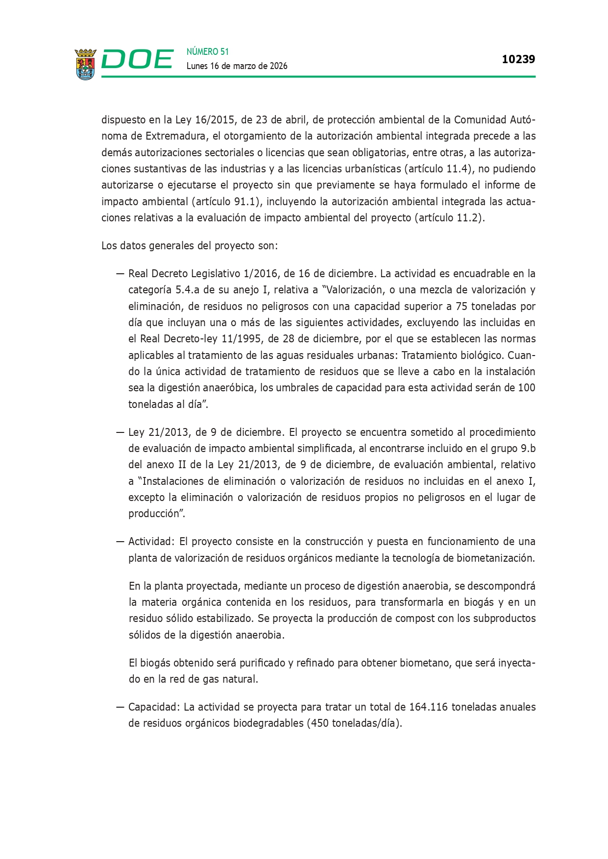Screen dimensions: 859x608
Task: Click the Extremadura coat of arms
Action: [85, 64]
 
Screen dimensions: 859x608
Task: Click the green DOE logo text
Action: [137, 60]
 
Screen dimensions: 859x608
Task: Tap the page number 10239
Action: [518, 59]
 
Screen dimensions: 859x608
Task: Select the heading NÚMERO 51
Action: [208, 51]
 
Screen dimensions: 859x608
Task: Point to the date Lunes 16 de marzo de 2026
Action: [237, 66]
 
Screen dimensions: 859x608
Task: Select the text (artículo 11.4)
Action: [439, 169]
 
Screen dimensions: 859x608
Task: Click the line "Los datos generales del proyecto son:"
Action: [190, 245]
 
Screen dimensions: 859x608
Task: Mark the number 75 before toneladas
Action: [461, 307]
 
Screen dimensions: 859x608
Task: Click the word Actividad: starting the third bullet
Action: [151, 542]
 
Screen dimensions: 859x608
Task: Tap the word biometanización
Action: [495, 558]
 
